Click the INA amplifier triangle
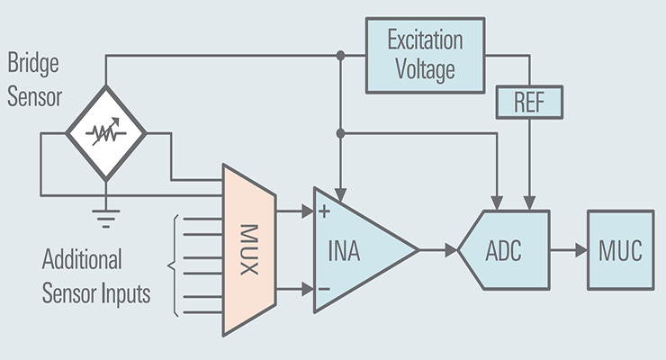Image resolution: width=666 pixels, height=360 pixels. pyautogui.click(x=355, y=249)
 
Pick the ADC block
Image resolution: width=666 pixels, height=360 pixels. pyautogui.click(x=507, y=249)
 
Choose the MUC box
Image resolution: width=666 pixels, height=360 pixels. pyautogui.click(x=621, y=249)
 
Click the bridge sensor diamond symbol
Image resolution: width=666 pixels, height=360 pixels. pyautogui.click(x=106, y=133)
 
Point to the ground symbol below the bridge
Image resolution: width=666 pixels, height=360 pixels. pyautogui.click(x=106, y=214)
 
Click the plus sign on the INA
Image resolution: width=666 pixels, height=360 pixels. pyautogui.click(x=324, y=213)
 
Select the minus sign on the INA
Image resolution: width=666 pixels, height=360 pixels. pyautogui.click(x=324, y=288)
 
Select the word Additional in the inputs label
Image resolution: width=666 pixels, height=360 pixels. pyautogui.click(x=82, y=261)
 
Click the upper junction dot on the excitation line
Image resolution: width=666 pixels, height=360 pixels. pyautogui.click(x=340, y=56)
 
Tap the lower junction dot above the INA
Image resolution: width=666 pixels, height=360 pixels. pyautogui.click(x=340, y=133)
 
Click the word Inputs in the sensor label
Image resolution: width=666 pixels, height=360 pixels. pyautogui.click(x=124, y=293)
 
